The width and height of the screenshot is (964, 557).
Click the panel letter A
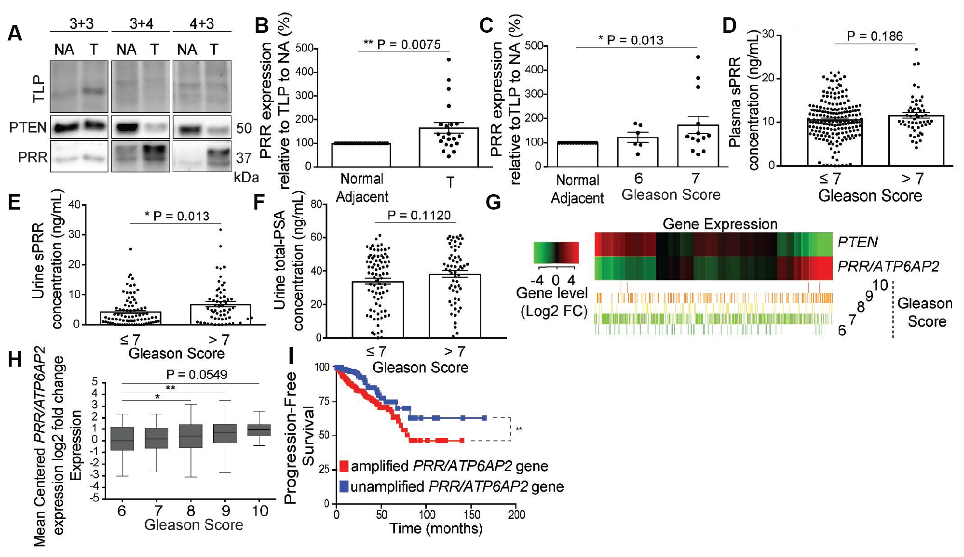click(15, 33)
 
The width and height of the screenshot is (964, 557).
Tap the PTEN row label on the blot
click(28, 128)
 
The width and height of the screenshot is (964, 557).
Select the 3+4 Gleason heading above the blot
click(141, 24)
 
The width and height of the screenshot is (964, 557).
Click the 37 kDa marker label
click(244, 158)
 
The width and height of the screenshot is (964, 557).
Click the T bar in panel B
click(448, 147)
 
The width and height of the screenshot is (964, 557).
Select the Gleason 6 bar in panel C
click(638, 152)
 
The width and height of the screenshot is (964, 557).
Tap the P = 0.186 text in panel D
click(875, 36)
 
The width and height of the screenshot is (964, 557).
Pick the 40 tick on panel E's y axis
click(74, 205)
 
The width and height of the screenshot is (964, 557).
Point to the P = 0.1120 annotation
click(419, 215)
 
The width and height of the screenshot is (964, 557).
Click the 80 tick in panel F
click(316, 204)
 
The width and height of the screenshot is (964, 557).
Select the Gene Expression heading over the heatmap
click(720, 224)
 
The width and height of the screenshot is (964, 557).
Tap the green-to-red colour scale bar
click(556, 252)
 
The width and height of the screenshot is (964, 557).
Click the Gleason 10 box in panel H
click(259, 430)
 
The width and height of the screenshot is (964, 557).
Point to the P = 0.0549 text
click(196, 374)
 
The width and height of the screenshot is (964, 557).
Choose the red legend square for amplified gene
click(344, 466)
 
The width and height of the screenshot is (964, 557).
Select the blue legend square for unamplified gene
click(344, 486)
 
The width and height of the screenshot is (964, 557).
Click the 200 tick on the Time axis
click(516, 515)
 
